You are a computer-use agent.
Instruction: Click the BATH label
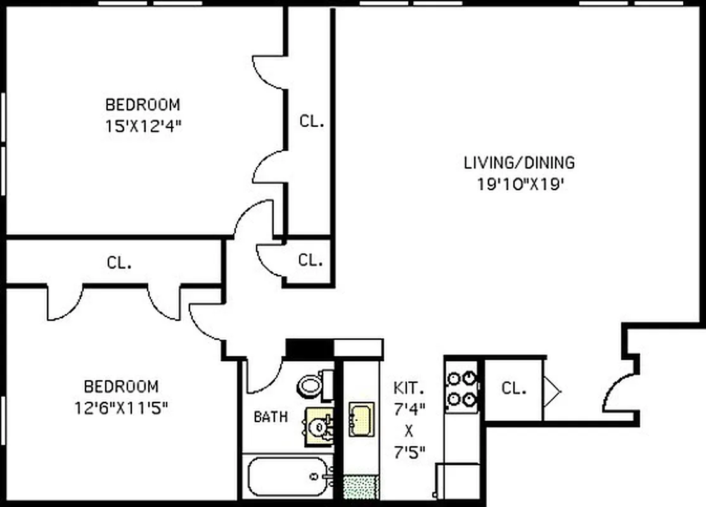271,417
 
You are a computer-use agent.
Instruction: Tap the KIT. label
409,387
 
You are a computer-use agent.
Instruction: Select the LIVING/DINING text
520,163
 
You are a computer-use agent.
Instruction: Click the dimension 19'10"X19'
520,184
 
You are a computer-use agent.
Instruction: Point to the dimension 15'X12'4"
143,125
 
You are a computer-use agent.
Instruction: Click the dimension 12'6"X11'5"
121,408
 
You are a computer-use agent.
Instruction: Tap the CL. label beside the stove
514,388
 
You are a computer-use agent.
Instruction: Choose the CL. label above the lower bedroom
119,262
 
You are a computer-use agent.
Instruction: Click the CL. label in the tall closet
312,121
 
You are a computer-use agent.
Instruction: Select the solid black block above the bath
310,348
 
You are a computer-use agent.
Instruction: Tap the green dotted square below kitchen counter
361,486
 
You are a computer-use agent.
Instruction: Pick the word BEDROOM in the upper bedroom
143,104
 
